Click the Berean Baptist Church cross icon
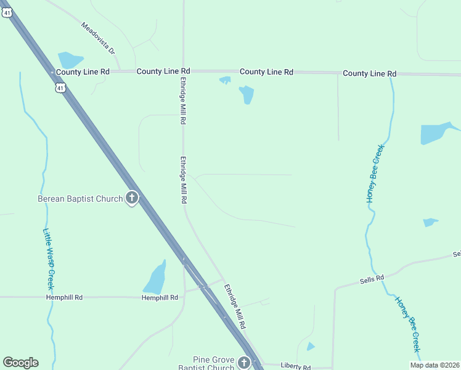tap(131, 199)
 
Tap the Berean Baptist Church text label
tap(80, 199)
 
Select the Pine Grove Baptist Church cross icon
tap(245, 362)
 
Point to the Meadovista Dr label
tap(99, 38)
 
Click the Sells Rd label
tap(372, 279)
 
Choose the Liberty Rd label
tap(295, 366)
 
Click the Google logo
tap(20, 363)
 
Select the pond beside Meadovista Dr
tap(70, 60)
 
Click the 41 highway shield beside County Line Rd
tap(59, 88)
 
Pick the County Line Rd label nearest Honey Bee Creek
tap(369, 73)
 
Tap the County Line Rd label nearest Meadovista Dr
tap(83, 72)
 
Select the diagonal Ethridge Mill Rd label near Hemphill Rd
tap(235, 305)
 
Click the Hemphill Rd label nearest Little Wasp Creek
tap(64, 297)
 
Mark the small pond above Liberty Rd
tap(311, 347)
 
